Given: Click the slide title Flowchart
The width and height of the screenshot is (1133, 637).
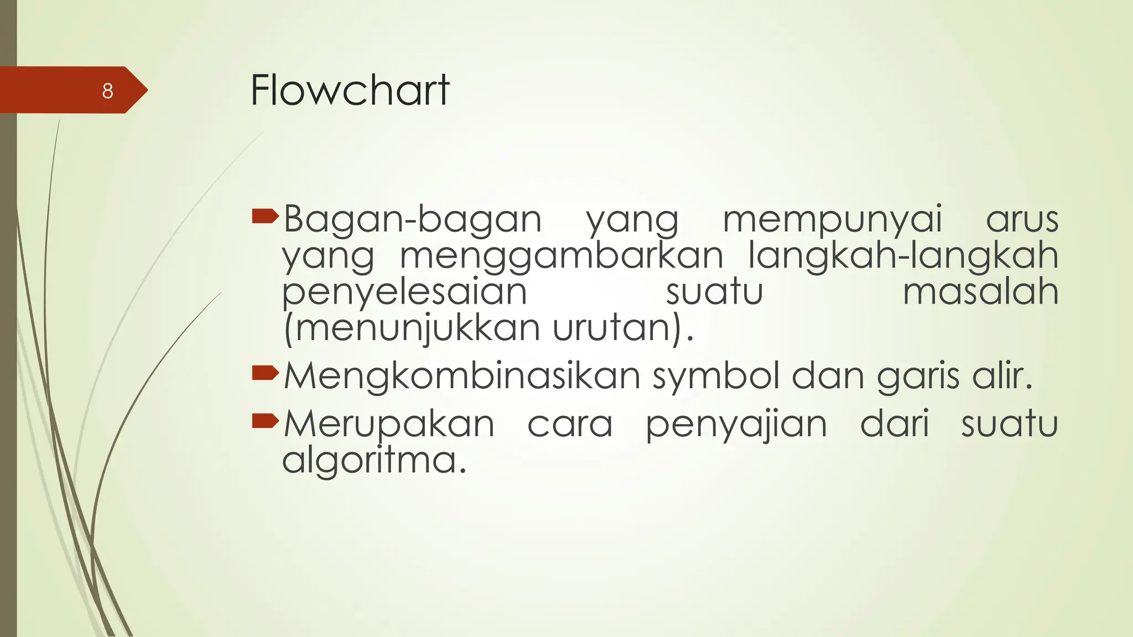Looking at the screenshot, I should tap(350, 90).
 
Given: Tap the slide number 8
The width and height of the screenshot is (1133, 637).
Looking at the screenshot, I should tap(108, 91).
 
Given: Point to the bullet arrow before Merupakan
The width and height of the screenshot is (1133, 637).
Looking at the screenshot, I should tap(265, 421).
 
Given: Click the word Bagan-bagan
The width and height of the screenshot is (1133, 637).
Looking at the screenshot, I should tap(412, 220).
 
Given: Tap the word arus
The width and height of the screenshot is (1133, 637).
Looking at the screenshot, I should tap(1022, 220).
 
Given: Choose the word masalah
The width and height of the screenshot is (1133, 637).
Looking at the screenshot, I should tap(980, 292).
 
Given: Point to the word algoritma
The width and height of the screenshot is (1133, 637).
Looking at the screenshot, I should tap(374, 461).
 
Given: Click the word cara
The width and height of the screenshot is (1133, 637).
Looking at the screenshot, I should tap(570, 425).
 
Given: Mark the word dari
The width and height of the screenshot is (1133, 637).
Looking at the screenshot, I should tap(895, 424).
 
